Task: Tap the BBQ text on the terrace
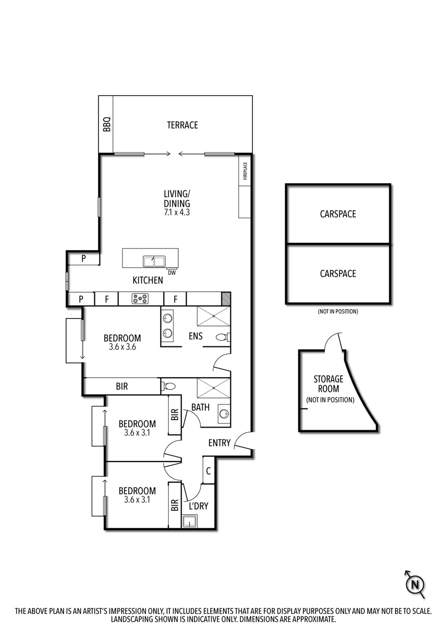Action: [x=107, y=124]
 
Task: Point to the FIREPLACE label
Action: [x=245, y=171]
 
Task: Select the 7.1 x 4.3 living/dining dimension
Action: [x=177, y=212]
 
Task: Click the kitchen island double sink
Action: [x=154, y=261]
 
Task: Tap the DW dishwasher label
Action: [x=172, y=273]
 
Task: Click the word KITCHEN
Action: [x=148, y=280]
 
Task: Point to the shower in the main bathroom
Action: [x=214, y=388]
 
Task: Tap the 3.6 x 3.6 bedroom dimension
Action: [x=122, y=347]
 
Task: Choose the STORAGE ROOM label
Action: [x=328, y=384]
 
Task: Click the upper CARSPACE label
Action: [x=338, y=214]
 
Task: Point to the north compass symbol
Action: [x=415, y=584]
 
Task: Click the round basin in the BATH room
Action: [x=224, y=414]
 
